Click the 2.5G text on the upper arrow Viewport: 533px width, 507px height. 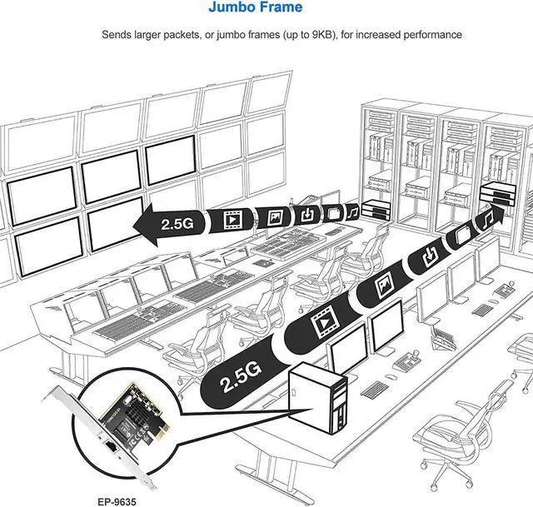pos(177,223)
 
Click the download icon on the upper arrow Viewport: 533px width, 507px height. pos(308,215)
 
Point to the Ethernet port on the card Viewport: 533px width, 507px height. pos(109,453)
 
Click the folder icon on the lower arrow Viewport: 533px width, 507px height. pos(462,236)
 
